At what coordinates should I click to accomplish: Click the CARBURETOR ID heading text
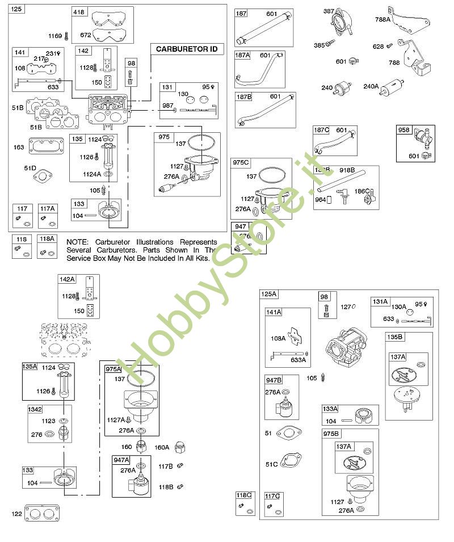tap(187, 49)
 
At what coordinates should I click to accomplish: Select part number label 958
tap(403, 130)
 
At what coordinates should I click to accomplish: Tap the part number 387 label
tap(329, 11)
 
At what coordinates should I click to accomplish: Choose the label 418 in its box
tap(79, 12)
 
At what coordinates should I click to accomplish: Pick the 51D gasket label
tap(30, 168)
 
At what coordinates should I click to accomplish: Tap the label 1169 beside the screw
tap(55, 36)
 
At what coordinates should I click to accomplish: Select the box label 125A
tap(268, 294)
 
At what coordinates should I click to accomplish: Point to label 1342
tap(36, 409)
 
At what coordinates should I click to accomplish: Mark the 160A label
tap(162, 447)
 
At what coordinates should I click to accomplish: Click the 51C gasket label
tap(272, 464)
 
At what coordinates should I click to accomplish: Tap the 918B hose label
tap(347, 170)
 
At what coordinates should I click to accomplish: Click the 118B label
tap(165, 486)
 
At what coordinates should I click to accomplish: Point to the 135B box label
tap(394, 337)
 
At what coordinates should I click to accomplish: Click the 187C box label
tap(322, 130)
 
